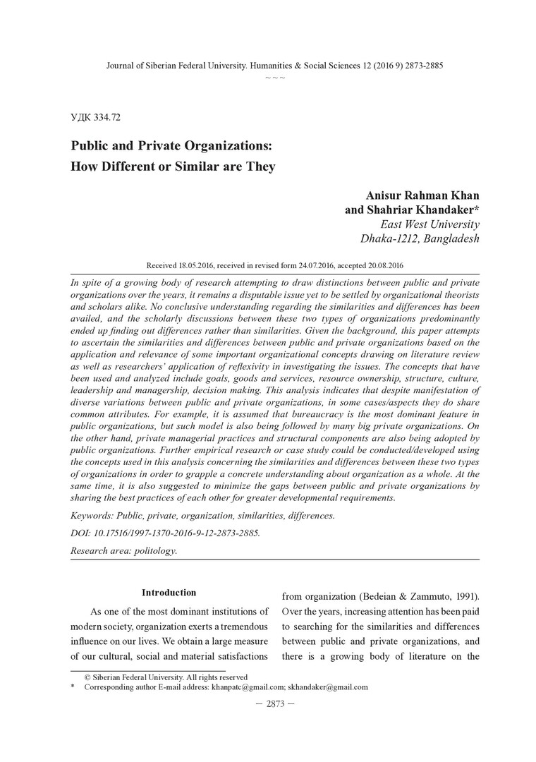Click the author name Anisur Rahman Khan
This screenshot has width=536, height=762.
[422, 195]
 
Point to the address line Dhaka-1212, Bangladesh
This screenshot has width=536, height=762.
[420, 238]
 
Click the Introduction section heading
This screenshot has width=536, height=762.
[169, 593]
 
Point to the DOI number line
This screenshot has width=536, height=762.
[165, 533]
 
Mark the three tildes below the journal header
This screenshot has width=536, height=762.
[274, 76]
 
